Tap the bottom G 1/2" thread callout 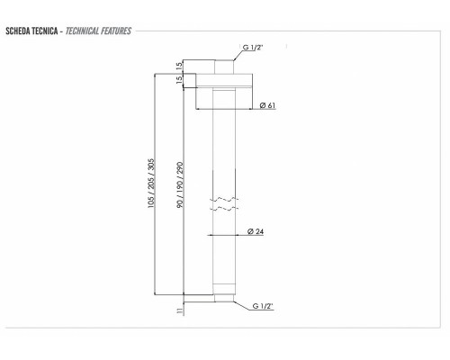click(263, 306)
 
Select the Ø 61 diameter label click(266, 106)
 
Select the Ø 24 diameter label click(256, 233)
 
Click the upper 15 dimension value click(179, 66)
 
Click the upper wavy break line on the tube click(224, 197)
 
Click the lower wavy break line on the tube click(224, 208)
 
